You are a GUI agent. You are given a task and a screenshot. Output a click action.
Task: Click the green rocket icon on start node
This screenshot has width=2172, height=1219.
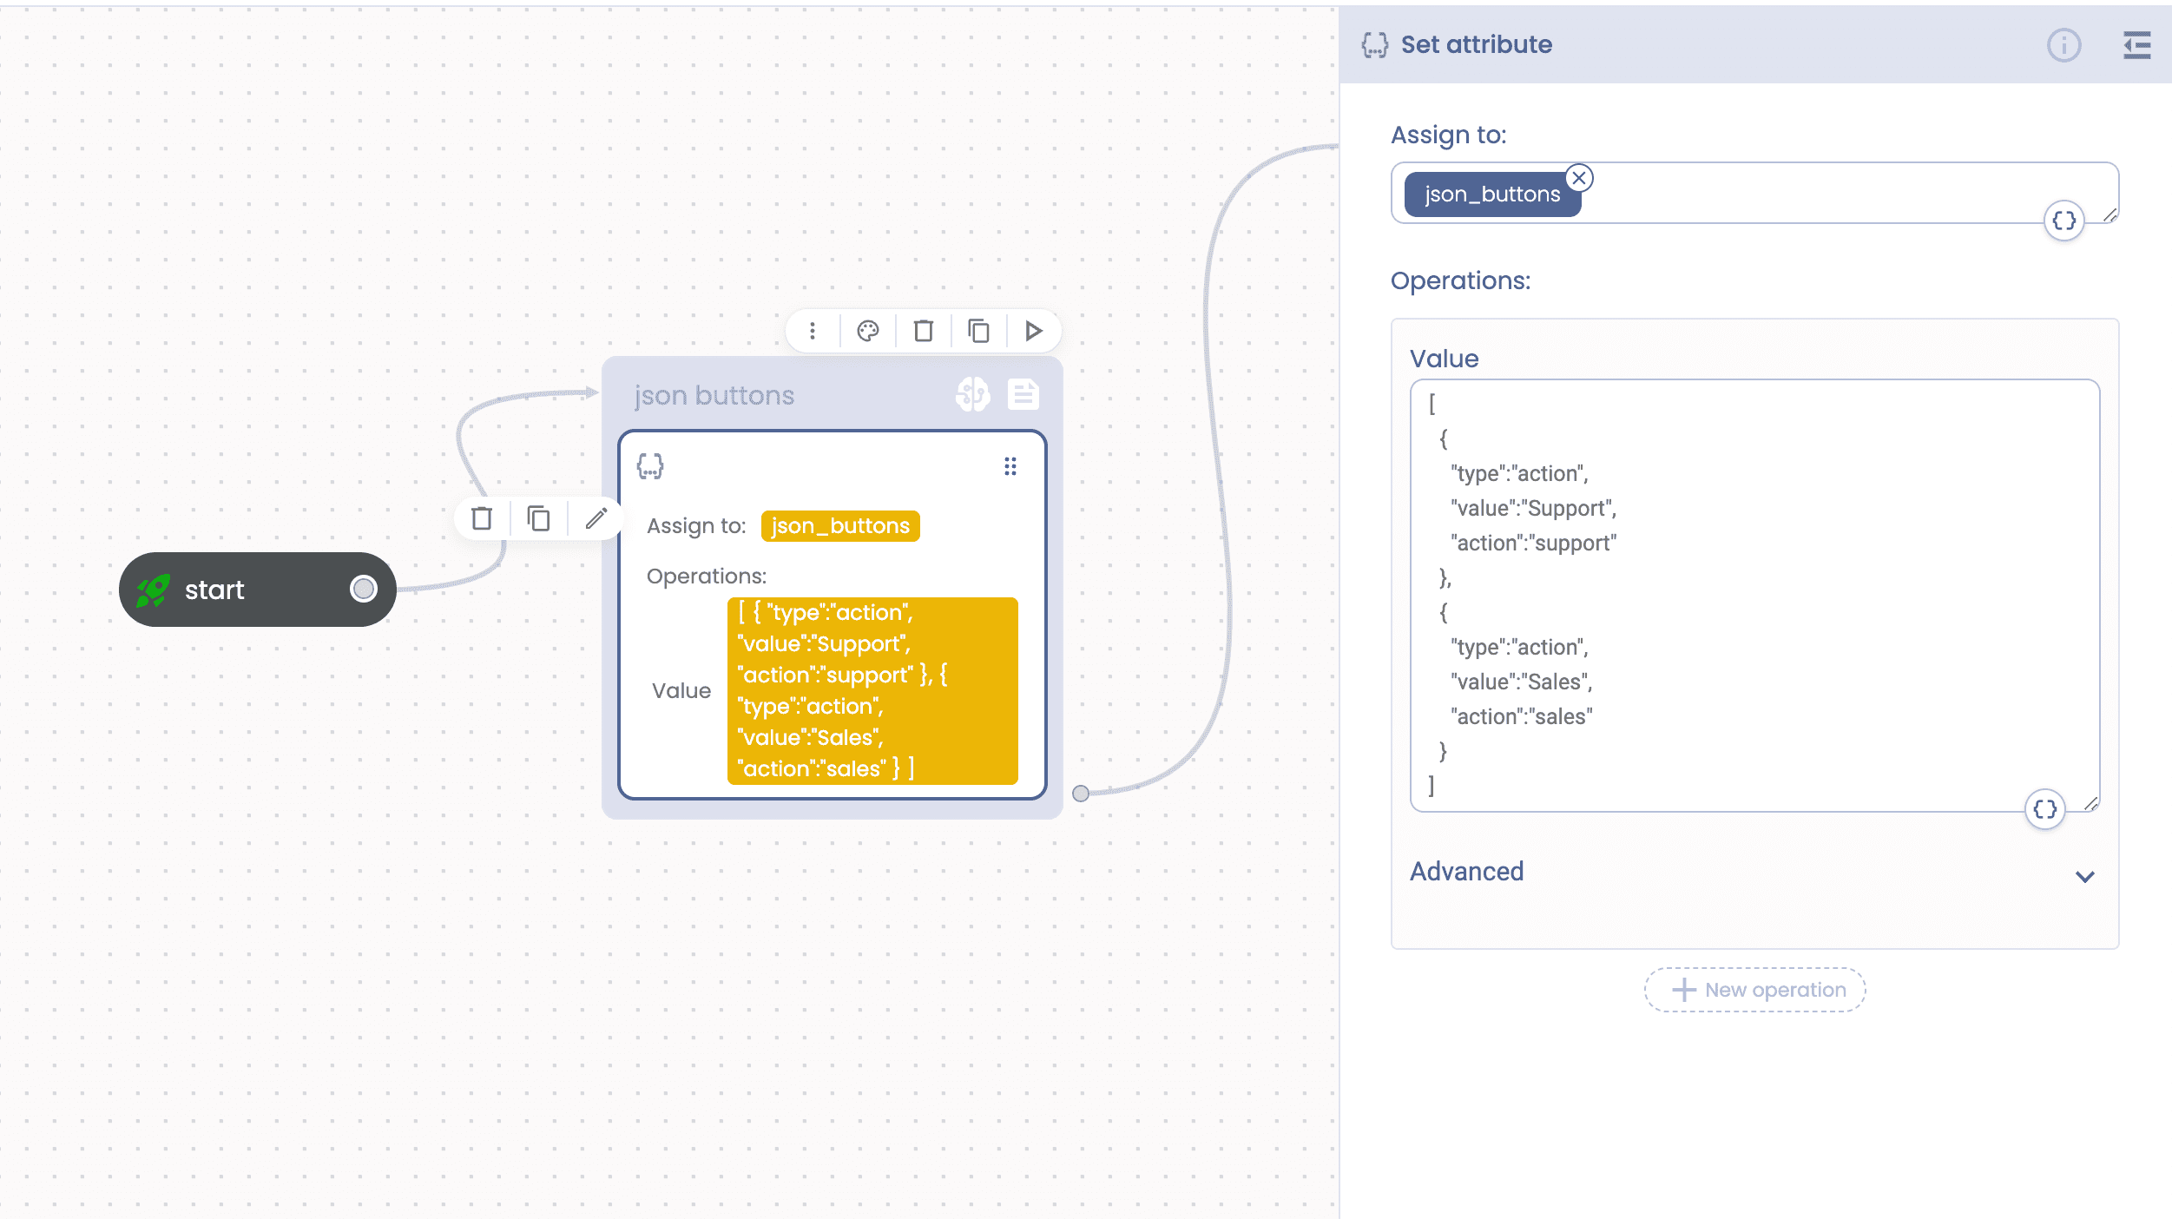pyautogui.click(x=154, y=590)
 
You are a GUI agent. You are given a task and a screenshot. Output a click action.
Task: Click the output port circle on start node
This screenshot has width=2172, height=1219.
pyautogui.click(x=364, y=590)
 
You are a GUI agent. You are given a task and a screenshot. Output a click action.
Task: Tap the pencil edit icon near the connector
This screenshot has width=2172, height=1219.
pyautogui.click(x=596, y=518)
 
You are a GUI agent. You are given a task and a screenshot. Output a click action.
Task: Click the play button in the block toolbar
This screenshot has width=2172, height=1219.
pyautogui.click(x=1033, y=331)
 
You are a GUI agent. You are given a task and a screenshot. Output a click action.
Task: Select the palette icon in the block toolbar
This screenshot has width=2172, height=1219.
pyautogui.click(x=868, y=331)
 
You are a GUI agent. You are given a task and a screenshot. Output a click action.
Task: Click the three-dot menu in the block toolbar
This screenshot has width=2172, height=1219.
pyautogui.click(x=813, y=331)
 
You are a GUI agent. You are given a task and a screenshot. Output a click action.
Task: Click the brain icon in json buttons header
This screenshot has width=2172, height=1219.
pyautogui.click(x=973, y=395)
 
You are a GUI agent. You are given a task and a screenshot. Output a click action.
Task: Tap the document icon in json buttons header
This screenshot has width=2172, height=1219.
pyautogui.click(x=1023, y=395)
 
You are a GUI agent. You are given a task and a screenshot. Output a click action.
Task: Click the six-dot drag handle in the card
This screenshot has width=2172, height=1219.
pyautogui.click(x=1010, y=467)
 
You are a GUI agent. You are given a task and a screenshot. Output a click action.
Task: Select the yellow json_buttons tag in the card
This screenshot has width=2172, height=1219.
pyautogui.click(x=840, y=526)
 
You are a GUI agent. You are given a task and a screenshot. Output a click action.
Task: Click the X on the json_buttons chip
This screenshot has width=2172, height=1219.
pyautogui.click(x=1579, y=178)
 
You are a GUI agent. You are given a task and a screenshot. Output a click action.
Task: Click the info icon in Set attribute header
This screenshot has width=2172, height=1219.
pyautogui.click(x=2064, y=45)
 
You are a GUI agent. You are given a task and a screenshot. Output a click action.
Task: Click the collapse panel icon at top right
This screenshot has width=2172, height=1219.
pyautogui.click(x=2137, y=45)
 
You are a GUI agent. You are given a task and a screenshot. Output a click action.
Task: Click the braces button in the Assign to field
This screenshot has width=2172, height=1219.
pyautogui.click(x=2064, y=221)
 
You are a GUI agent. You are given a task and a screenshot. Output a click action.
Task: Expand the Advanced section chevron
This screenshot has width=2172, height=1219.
pyautogui.click(x=2085, y=876)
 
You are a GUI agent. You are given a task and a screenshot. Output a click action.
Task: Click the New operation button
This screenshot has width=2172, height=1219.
pyautogui.click(x=1755, y=990)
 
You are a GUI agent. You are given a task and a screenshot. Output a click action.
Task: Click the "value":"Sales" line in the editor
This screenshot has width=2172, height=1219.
pyautogui.click(x=1522, y=682)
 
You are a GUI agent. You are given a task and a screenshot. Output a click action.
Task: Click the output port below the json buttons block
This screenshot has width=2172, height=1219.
pyautogui.click(x=1081, y=794)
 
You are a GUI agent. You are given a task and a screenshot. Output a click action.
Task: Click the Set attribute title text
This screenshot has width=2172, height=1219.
pyautogui.click(x=1477, y=44)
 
